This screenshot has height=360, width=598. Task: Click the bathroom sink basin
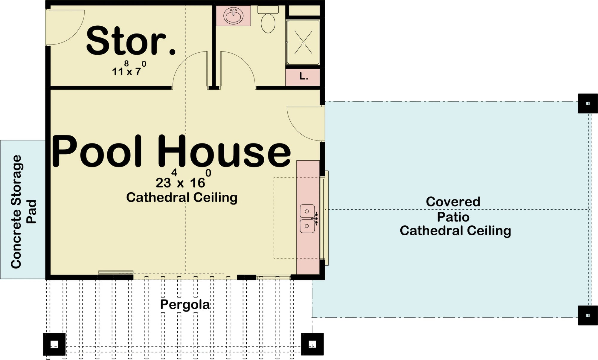(x=234, y=16)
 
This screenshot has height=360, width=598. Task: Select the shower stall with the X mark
(x=303, y=42)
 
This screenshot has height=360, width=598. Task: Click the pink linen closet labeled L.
(x=303, y=77)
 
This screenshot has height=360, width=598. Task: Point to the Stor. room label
(x=131, y=41)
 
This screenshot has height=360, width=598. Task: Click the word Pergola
(x=185, y=305)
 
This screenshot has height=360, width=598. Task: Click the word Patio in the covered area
(x=453, y=217)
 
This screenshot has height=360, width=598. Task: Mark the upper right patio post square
(x=588, y=103)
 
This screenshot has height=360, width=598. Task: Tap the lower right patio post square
(x=588, y=315)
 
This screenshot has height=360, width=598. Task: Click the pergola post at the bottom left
(x=54, y=344)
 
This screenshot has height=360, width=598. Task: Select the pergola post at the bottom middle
(x=312, y=344)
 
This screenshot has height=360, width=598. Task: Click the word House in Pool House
(x=224, y=151)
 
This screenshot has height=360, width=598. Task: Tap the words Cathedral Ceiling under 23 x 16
(x=182, y=198)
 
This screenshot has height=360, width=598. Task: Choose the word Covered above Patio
(x=453, y=202)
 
